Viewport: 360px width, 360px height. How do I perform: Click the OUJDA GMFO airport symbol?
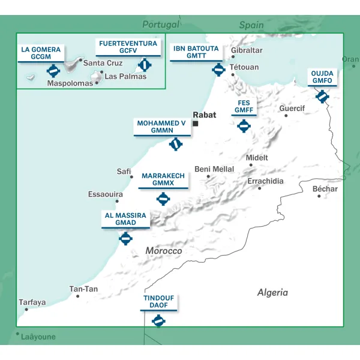[x=322, y=95]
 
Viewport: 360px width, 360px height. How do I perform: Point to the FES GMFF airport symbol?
[x=244, y=126]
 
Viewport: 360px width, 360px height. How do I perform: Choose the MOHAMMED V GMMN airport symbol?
[x=175, y=144]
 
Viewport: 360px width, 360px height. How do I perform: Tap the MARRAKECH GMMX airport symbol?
[x=163, y=199]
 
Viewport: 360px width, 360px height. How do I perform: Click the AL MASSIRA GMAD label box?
[x=125, y=218]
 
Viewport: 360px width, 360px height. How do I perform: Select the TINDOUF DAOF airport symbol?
[x=158, y=322]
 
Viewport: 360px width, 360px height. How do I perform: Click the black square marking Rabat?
[x=196, y=124]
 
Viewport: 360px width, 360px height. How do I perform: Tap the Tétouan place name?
[x=244, y=67]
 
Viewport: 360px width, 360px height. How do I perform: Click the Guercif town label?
[x=292, y=109]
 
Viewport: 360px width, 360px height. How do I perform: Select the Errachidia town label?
[x=266, y=181]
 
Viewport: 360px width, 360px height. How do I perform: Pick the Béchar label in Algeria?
[x=325, y=189]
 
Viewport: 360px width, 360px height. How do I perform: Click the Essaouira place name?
[x=105, y=194]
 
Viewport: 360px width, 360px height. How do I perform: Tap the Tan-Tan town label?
[x=83, y=289]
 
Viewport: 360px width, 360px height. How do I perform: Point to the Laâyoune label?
[x=38, y=337]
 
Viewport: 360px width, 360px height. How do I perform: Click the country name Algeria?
[x=272, y=293]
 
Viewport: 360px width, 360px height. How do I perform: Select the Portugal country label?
[x=160, y=25]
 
